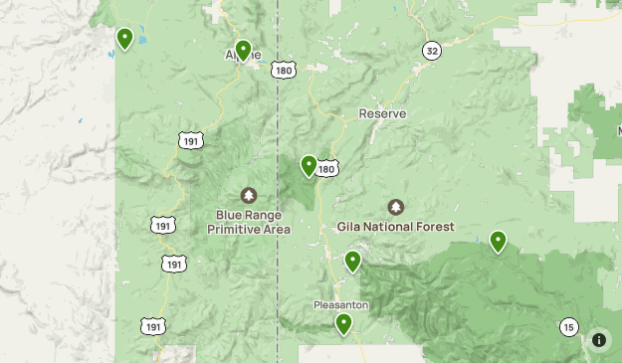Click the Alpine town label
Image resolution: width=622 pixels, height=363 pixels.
tap(244, 55)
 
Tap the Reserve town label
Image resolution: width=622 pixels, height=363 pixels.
tap(383, 113)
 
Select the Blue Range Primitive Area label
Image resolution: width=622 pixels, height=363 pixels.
tap(249, 222)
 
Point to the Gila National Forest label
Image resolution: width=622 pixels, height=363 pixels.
tap(396, 227)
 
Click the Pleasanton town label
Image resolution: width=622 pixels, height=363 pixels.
tap(341, 304)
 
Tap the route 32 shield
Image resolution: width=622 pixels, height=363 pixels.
tap(431, 50)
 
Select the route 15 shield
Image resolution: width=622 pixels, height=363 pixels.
tap(568, 327)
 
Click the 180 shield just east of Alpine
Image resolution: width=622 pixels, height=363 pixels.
tap(284, 70)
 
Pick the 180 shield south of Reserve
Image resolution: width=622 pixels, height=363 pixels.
tap(327, 168)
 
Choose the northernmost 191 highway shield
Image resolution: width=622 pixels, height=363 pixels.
tap(191, 141)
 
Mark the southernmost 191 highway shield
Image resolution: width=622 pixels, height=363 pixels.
tap(152, 326)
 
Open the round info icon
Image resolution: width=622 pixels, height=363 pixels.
tap(599, 340)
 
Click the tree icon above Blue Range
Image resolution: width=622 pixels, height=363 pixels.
tap(248, 195)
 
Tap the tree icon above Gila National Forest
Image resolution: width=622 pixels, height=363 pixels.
tap(396, 207)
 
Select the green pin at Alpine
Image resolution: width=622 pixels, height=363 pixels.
tap(243, 50)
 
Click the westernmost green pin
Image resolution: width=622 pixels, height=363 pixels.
tap(125, 38)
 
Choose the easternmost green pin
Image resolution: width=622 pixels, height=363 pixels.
tap(498, 241)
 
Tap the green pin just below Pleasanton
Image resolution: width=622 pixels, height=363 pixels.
tap(344, 323)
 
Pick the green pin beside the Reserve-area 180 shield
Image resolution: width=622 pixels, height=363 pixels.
tap(309, 165)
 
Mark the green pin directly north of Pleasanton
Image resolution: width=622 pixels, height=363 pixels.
tap(352, 261)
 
